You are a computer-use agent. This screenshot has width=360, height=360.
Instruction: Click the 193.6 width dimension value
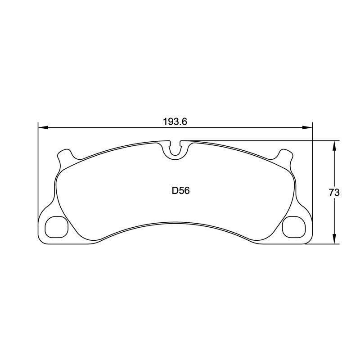175,121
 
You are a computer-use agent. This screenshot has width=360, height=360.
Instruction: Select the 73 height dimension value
333,193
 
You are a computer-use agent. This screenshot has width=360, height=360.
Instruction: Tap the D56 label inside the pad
180,191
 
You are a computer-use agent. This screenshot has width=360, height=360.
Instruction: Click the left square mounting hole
56,226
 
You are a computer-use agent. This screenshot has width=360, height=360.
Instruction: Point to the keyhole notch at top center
175,149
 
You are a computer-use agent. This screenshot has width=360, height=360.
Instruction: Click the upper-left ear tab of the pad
66,155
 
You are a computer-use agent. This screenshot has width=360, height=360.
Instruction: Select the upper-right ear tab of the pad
284,155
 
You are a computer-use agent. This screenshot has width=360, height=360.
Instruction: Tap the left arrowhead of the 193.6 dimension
41,128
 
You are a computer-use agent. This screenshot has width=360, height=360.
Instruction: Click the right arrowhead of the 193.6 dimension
309,128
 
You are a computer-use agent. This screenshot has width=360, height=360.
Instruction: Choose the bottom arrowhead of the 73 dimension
334,241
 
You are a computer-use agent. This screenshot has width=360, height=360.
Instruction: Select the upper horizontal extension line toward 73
261,141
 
